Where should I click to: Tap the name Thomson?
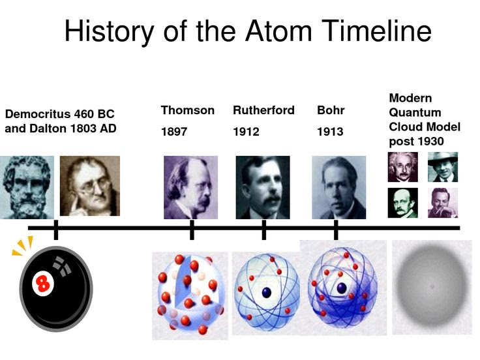(188, 110)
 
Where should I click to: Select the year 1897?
(174, 132)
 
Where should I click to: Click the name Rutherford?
(263, 110)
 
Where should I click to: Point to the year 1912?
(246, 132)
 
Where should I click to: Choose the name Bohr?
(331, 110)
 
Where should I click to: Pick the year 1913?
(330, 132)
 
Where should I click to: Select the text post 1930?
(416, 141)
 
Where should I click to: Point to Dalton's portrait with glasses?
(90, 187)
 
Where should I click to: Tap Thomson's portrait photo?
(190, 187)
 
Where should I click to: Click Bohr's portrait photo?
(338, 187)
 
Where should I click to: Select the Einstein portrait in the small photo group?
(402, 167)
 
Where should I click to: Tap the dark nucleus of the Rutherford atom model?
(266, 293)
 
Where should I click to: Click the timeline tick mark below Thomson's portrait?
(192, 229)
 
